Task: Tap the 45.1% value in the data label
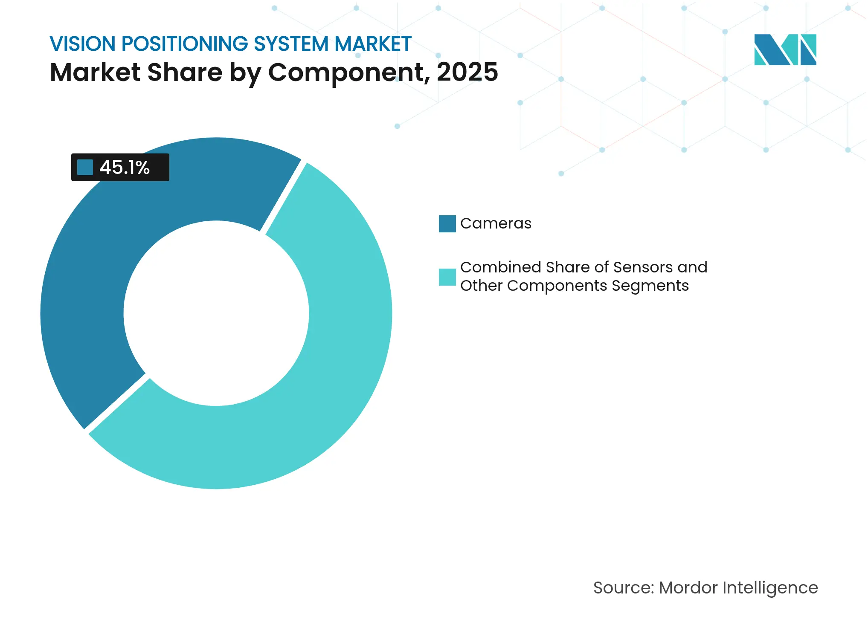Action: pyautogui.click(x=125, y=168)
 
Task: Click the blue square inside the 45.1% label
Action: pyautogui.click(x=85, y=167)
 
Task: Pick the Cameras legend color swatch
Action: pyautogui.click(x=447, y=224)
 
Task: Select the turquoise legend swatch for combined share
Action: pyautogui.click(x=447, y=277)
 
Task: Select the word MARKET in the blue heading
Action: pyautogui.click(x=373, y=44)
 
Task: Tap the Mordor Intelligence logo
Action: pyautogui.click(x=785, y=49)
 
